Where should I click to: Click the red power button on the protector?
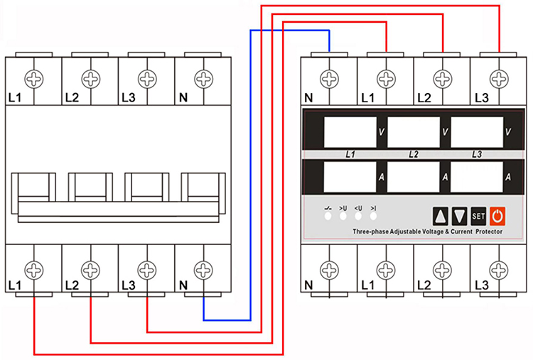coord(497,216)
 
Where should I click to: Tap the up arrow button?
coord(441,216)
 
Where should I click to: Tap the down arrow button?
coord(459,216)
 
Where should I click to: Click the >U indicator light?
coord(343,216)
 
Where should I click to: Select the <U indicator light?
coord(358,216)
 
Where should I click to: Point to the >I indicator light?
coord(373,216)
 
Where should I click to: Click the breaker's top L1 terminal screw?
coord(34,79)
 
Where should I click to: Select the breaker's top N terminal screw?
coord(204,79)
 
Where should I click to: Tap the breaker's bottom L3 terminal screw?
coord(147,271)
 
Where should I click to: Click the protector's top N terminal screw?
coord(329,79)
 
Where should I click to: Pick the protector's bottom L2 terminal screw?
coord(443,271)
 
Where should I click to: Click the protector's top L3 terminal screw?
coord(499,79)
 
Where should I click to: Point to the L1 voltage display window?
coord(350,132)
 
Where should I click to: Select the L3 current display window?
coord(477,177)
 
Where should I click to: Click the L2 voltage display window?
coord(414,132)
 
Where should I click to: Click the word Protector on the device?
coord(489,231)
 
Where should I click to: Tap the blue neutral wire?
coord(251,175)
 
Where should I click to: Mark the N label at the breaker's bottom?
coord(183,285)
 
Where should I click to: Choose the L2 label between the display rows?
coord(414,155)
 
